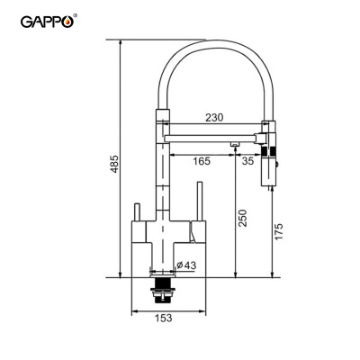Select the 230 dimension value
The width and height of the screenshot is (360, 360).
[x=214, y=117]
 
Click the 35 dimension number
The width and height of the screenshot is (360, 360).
[x=247, y=159]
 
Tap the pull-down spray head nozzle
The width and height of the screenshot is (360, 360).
[x=268, y=171]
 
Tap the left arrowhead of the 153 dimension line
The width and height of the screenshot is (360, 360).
[x=135, y=310]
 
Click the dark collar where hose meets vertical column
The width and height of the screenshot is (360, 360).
[x=163, y=114]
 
